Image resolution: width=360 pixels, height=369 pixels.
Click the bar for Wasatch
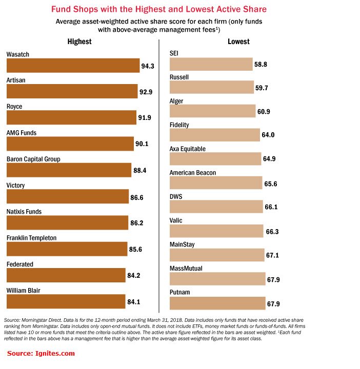73,65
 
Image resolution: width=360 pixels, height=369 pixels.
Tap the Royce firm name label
14,107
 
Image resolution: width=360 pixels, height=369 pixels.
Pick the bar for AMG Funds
70,144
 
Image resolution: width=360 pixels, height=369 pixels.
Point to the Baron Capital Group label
33,159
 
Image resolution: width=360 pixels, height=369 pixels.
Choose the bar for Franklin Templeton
67,249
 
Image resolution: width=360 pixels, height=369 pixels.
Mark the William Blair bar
66,301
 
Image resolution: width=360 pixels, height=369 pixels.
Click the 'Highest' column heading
79,42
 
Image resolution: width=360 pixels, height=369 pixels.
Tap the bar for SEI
211,65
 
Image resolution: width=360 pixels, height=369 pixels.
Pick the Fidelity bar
214,135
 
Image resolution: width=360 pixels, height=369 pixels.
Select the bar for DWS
216,207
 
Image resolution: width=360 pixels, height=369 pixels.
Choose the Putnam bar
217,303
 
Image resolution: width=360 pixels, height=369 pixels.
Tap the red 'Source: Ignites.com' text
41,353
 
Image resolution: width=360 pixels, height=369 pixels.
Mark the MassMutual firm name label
186,268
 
